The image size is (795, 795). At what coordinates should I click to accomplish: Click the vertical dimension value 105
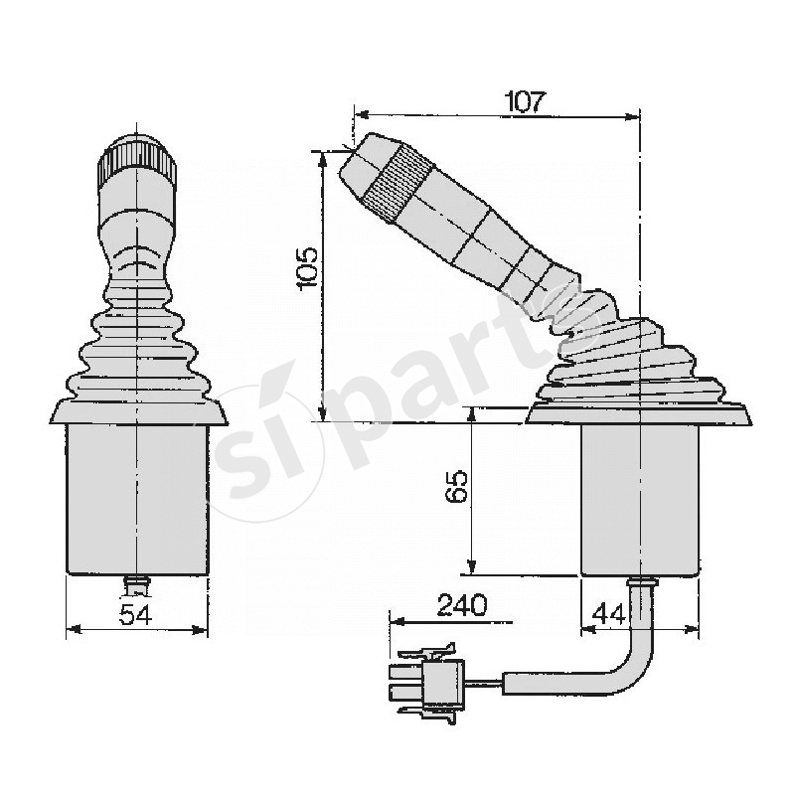307,267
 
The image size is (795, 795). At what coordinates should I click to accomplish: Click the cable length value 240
459,605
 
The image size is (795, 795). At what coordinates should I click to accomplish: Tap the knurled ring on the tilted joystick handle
397,179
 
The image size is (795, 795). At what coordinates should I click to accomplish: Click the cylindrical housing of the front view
137,497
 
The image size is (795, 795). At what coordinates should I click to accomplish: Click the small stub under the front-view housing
137,582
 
